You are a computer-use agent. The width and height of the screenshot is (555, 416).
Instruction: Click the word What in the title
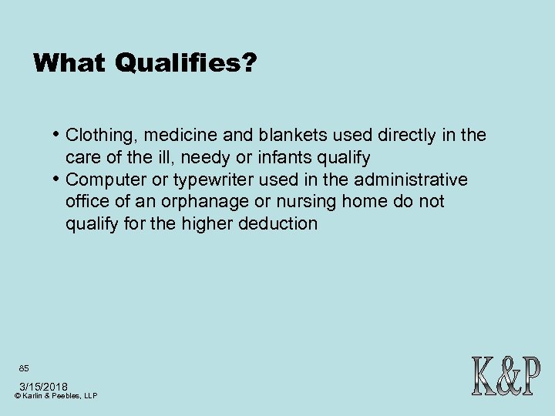(x=69, y=62)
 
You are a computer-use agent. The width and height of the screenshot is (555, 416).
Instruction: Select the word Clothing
(x=97, y=136)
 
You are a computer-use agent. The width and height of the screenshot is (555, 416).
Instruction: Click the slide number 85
(x=25, y=368)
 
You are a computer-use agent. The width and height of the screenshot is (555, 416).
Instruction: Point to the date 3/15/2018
(x=43, y=386)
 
